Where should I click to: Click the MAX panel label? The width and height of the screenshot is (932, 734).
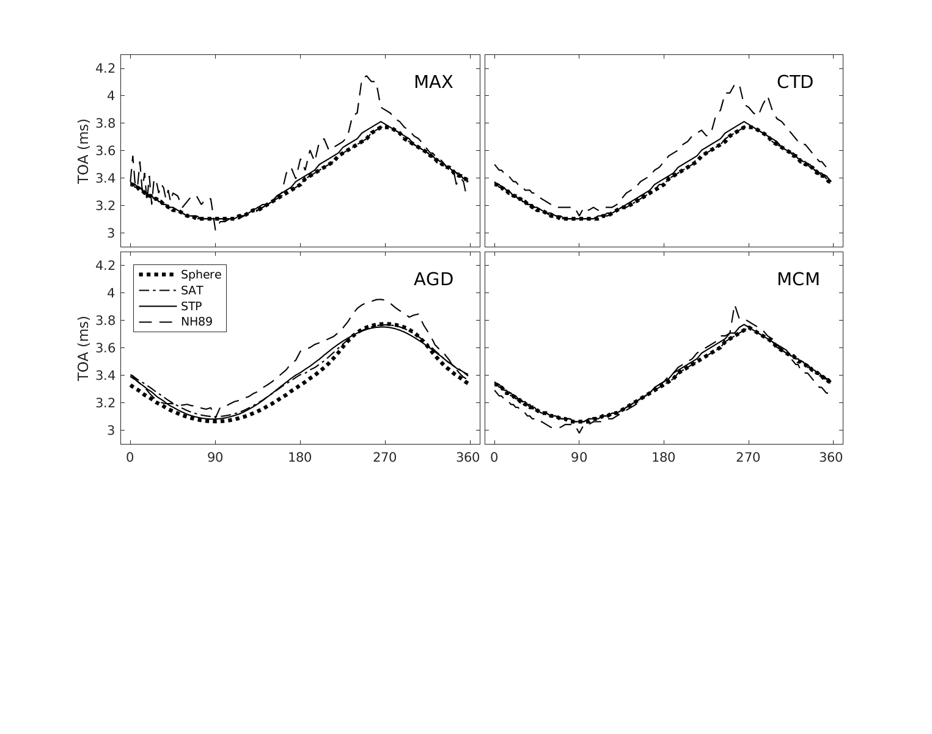click(x=433, y=82)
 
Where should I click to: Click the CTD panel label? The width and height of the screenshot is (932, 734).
click(x=794, y=82)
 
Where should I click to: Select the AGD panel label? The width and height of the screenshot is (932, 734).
click(x=433, y=280)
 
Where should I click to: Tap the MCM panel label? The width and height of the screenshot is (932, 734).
click(x=798, y=280)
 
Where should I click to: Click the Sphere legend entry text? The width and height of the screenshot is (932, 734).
click(x=200, y=275)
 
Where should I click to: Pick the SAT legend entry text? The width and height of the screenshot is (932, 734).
click(x=192, y=291)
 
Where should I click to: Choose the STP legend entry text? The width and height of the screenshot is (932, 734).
click(x=191, y=306)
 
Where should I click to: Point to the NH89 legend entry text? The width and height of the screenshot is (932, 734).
click(x=196, y=322)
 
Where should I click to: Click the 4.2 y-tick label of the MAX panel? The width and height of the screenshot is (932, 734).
click(x=105, y=68)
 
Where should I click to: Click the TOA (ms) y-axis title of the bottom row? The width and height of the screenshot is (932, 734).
click(x=84, y=349)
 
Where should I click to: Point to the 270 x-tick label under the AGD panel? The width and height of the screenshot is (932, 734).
click(x=385, y=458)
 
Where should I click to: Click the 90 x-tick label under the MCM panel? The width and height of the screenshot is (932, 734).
click(x=579, y=458)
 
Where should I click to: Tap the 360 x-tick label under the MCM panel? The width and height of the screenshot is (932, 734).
click(x=831, y=458)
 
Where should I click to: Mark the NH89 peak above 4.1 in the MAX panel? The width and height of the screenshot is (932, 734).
click(x=367, y=76)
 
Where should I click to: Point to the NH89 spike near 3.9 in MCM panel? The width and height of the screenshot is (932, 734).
click(x=735, y=307)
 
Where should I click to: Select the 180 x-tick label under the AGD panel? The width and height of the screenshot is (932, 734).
click(x=300, y=458)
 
